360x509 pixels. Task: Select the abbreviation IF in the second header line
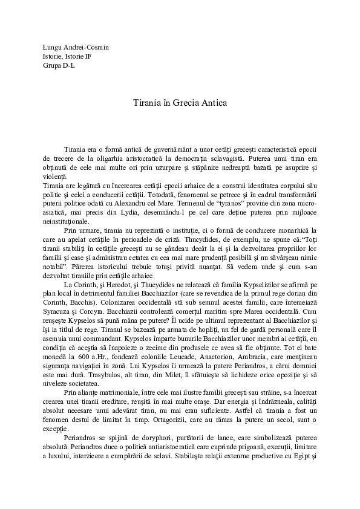pos(87,56)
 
